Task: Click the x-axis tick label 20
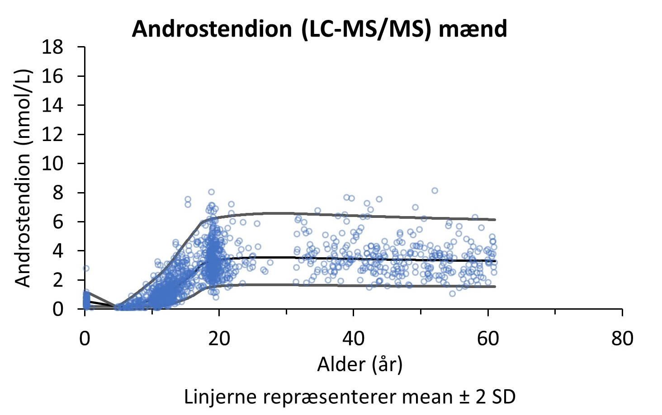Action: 219,339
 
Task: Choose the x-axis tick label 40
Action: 353,339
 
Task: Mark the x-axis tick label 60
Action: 488,339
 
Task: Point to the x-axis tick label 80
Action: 622,339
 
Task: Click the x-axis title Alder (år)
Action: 359,364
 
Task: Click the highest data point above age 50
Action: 435,190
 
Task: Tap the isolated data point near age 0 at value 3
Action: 86,268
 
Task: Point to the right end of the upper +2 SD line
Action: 495,219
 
